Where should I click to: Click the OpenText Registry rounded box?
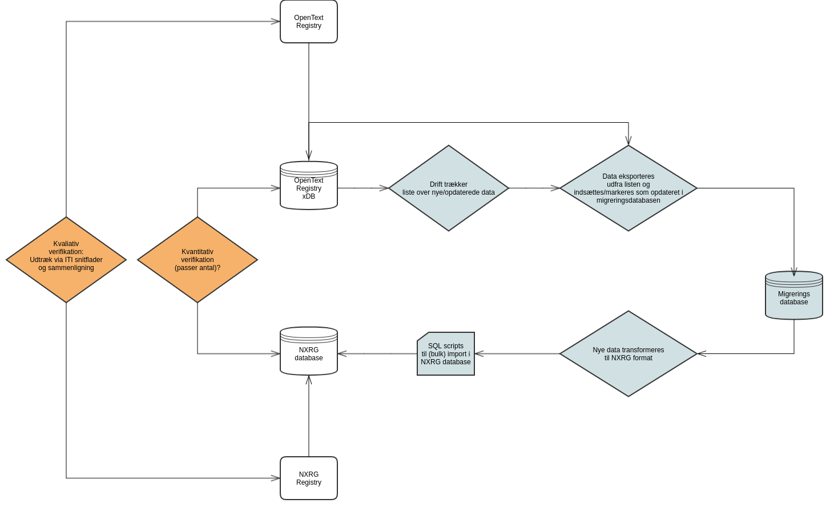pyautogui.click(x=308, y=22)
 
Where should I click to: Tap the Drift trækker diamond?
pyautogui.click(x=448, y=188)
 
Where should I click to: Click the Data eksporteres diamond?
pyautogui.click(x=628, y=188)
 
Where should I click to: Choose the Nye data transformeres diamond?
pyautogui.click(x=628, y=354)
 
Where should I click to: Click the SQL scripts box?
pyautogui.click(x=445, y=354)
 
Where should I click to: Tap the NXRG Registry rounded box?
pyautogui.click(x=308, y=478)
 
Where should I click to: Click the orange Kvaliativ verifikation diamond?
pyautogui.click(x=66, y=260)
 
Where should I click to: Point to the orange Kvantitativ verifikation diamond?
pyautogui.click(x=198, y=260)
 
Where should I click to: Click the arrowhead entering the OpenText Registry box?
pyautogui.click(x=276, y=22)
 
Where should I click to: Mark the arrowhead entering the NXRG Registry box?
pyautogui.click(x=276, y=478)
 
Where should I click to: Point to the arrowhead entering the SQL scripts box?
pyautogui.click(x=479, y=354)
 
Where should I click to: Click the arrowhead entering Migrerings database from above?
pyautogui.click(x=793, y=272)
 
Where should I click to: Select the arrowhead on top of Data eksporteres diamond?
pyautogui.click(x=628, y=141)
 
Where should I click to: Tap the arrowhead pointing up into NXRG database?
pyautogui.click(x=309, y=380)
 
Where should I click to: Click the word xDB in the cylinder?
pyautogui.click(x=309, y=196)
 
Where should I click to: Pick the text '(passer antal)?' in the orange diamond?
pyautogui.click(x=198, y=268)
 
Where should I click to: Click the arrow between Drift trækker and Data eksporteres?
pyautogui.click(x=534, y=188)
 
